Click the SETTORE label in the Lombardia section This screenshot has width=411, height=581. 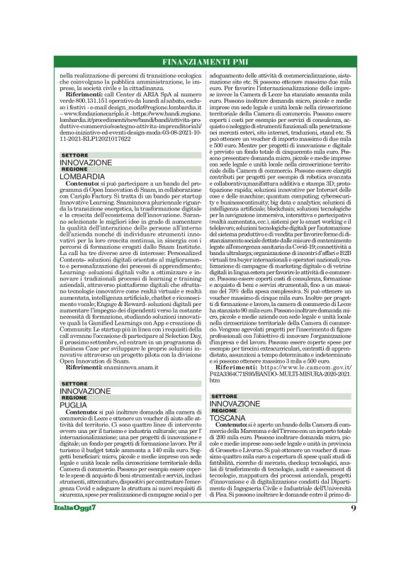click(x=74, y=154)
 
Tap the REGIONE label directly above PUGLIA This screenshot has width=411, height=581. click(x=74, y=397)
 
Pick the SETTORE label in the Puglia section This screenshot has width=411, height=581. click(x=74, y=383)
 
